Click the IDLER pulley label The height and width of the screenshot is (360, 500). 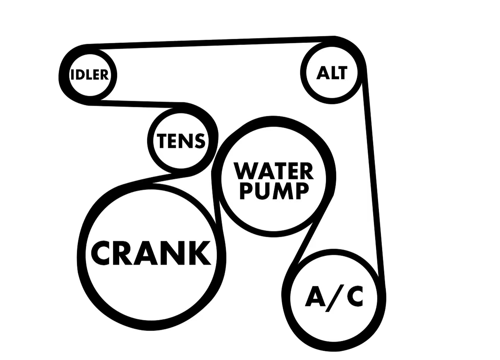point(90,75)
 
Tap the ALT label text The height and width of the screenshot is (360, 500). point(332,73)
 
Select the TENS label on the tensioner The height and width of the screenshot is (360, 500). point(181,141)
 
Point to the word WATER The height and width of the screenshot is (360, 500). point(274,171)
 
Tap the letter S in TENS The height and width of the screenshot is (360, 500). point(199,141)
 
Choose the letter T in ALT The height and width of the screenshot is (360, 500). point(342,73)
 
